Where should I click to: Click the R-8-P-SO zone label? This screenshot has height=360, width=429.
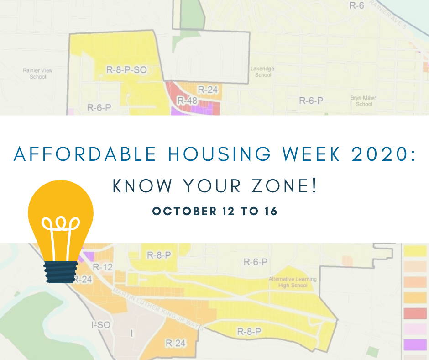tap(126, 70)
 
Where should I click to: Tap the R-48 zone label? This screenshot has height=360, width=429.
tap(187, 101)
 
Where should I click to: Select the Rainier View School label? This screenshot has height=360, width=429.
tap(37, 74)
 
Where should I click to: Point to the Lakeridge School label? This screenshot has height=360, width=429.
tap(262, 72)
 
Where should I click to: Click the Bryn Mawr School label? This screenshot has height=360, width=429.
tap(364, 101)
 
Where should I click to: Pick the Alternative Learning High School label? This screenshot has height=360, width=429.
tap(293, 282)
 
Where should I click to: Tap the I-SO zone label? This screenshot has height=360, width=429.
tap(101, 325)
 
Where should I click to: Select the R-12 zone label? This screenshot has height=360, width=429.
tap(103, 267)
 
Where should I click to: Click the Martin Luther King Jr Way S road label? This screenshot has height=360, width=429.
tap(158, 309)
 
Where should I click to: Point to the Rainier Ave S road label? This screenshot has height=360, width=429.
tap(388, 14)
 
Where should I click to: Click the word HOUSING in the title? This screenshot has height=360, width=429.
tap(219, 154)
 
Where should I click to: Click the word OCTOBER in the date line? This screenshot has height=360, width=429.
tap(184, 211)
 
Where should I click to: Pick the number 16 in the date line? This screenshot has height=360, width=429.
tap(271, 211)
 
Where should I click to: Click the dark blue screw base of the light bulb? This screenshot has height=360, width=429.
tap(61, 272)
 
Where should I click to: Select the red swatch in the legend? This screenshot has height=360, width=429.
tap(415, 313)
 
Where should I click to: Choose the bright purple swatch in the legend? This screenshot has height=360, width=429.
tap(415, 344)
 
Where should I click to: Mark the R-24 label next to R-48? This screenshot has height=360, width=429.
tap(208, 90)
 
